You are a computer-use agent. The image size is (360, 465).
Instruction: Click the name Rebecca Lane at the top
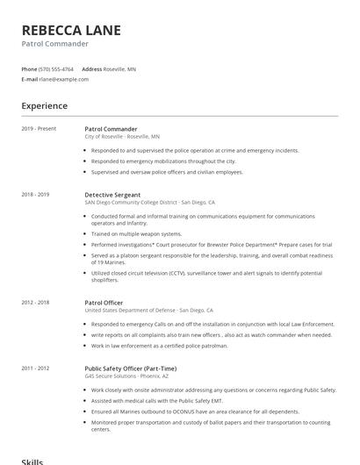[71, 30]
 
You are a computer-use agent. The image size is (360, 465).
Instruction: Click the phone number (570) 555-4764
[57, 68]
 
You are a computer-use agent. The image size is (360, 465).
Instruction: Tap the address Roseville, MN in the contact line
[119, 68]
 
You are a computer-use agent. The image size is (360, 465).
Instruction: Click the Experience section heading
[45, 106]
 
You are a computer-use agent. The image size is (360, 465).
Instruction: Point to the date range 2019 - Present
[39, 129]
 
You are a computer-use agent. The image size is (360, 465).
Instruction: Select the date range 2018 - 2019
[36, 194]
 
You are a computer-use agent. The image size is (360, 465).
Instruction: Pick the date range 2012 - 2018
[36, 302]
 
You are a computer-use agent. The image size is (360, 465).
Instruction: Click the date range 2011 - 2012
[36, 368]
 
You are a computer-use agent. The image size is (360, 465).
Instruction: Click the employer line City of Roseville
[122, 137]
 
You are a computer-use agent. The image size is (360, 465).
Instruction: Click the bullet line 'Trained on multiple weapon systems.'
[136, 233]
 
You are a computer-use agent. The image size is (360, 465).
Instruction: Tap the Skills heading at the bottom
[32, 461]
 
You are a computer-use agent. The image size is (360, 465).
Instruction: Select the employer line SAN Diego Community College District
[149, 202]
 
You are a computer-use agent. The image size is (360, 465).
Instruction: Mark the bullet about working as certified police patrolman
[159, 346]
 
